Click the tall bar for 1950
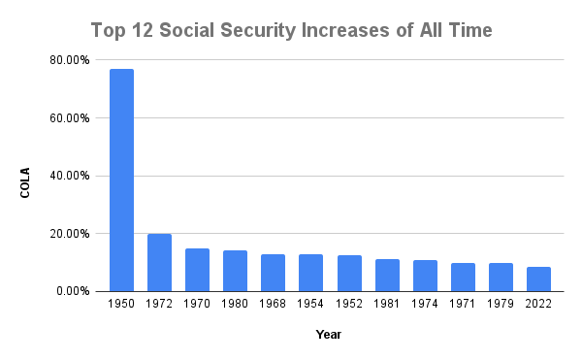121,180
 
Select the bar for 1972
159,262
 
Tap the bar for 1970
197,270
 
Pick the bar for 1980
235,271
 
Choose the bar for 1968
273,273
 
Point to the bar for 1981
387,275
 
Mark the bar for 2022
538,278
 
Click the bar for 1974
425,276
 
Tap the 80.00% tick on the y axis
71,60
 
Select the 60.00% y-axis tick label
71,118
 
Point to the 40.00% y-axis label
71,176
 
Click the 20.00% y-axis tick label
71,234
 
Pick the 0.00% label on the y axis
74,291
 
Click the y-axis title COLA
26,181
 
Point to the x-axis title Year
328,335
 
